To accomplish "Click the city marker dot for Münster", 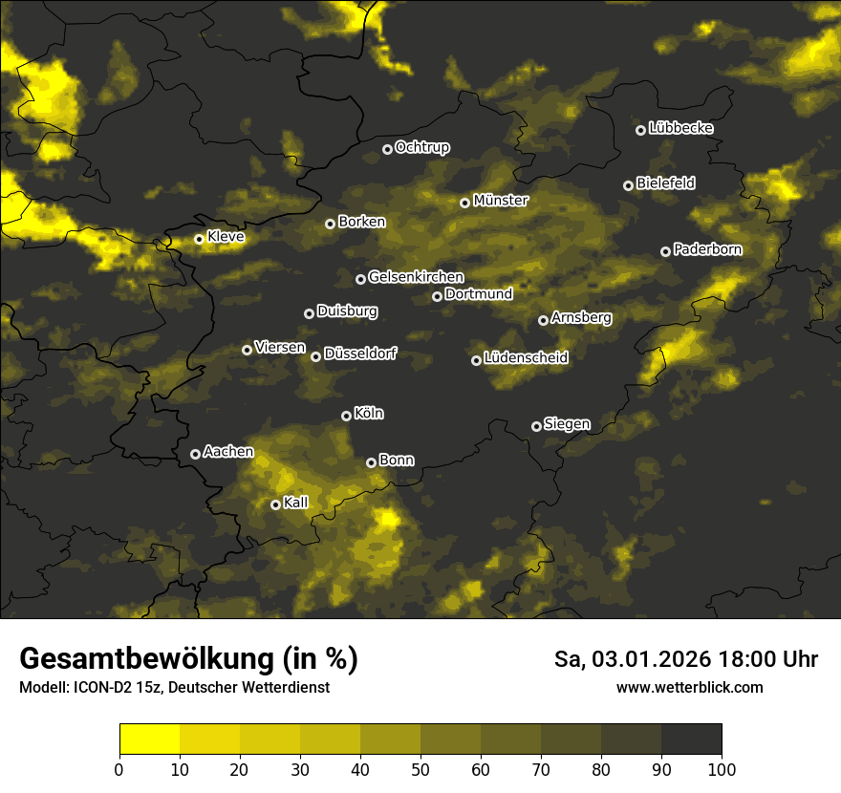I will [464, 203].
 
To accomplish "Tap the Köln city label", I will [369, 414].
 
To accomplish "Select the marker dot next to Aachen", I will [195, 454].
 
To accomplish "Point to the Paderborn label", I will [707, 249].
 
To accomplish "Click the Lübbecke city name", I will [680, 128].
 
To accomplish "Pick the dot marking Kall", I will [275, 504].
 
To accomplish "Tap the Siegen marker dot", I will [536, 426].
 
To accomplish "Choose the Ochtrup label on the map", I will [421, 147].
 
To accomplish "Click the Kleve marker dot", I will [199, 239].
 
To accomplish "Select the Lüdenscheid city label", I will [526, 358].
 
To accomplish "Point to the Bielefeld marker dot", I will [628, 185].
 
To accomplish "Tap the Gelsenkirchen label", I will [416, 277].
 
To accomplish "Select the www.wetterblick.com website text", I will [689, 687].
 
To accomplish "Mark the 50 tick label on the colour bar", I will [420, 769].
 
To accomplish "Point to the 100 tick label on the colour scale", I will [721, 769].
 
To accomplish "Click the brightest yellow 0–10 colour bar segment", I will [150, 739].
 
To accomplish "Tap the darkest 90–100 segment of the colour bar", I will [691, 739].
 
